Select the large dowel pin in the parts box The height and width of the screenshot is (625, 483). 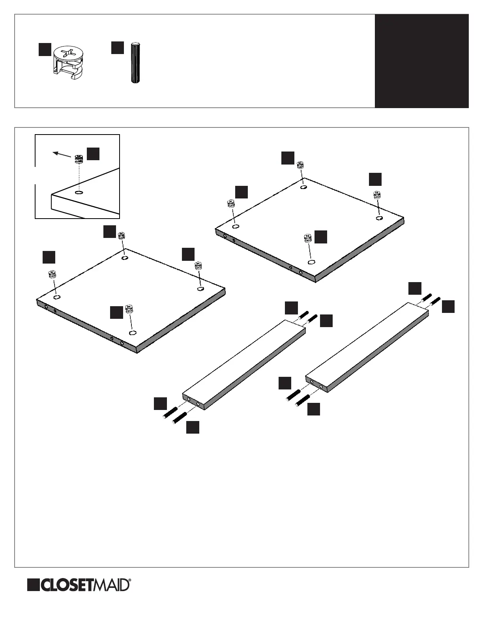click(x=135, y=62)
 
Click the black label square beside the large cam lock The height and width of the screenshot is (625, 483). click(x=45, y=50)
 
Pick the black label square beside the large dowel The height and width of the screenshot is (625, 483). click(x=118, y=48)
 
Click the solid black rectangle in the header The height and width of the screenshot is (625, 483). click(x=421, y=61)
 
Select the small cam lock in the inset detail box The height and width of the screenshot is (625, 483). click(x=79, y=159)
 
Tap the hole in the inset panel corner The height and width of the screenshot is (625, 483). click(x=79, y=193)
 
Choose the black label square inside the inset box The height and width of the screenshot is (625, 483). click(x=93, y=154)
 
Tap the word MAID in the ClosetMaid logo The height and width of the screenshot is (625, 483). click(x=113, y=586)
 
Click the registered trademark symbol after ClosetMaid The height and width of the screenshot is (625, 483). click(x=130, y=580)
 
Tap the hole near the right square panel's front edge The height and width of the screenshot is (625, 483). click(x=311, y=262)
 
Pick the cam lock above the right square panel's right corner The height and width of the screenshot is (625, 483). click(x=376, y=195)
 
